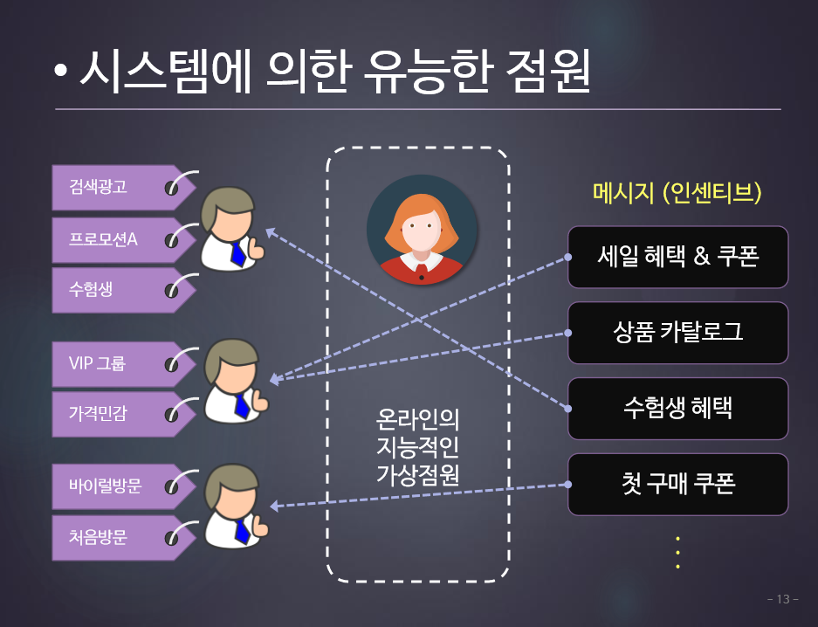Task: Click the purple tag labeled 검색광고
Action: (x=124, y=188)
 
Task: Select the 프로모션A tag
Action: (x=124, y=240)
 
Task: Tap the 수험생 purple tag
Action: (x=124, y=290)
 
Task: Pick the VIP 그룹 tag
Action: (x=124, y=364)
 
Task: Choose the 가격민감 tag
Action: (x=124, y=414)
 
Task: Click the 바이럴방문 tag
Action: (x=124, y=486)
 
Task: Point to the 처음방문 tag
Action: (x=124, y=538)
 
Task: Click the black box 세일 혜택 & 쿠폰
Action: (x=677, y=257)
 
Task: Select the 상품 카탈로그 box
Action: (x=677, y=333)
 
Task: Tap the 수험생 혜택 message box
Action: (x=677, y=409)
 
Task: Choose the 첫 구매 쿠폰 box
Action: (x=677, y=485)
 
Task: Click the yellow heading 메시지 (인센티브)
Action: (x=677, y=192)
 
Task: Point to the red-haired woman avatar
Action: (x=422, y=230)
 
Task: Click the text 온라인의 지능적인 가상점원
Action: (x=418, y=447)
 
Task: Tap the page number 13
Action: (x=783, y=599)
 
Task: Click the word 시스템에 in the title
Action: (x=165, y=72)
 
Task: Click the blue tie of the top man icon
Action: (x=237, y=254)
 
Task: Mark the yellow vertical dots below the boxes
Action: (x=677, y=553)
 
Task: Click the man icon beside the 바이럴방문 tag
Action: (x=237, y=506)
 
